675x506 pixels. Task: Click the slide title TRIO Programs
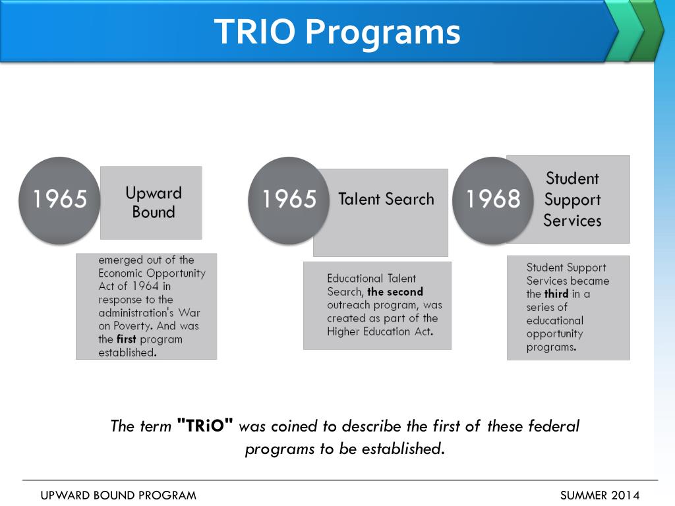point(337,32)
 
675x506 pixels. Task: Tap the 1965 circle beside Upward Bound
point(60,200)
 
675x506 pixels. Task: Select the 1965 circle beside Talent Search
point(289,200)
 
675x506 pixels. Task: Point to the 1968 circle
point(493,200)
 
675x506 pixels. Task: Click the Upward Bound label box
point(153,203)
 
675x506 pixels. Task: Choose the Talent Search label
point(386,200)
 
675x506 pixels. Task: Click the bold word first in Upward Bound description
point(127,339)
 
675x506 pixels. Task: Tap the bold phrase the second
point(395,292)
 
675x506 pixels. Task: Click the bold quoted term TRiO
point(205,426)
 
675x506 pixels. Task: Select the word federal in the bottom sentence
point(553,426)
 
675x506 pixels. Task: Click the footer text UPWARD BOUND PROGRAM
point(119,495)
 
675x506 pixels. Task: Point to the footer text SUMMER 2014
point(599,495)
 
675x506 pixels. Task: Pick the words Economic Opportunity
point(152,273)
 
